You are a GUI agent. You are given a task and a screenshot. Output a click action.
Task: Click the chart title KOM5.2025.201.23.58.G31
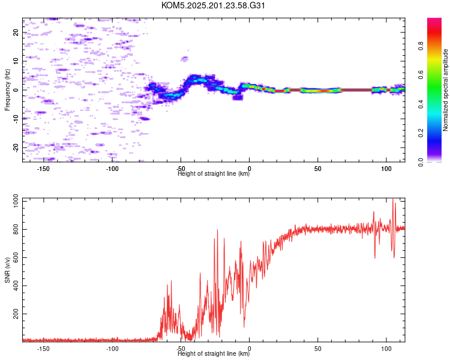(213, 5)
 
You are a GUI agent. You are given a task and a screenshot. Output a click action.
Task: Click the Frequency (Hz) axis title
(7, 90)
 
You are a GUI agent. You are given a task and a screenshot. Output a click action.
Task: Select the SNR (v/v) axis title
(7, 270)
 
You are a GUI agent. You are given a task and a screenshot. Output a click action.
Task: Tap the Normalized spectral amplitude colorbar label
(445, 90)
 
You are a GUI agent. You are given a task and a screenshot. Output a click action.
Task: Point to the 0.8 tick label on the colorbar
(421, 46)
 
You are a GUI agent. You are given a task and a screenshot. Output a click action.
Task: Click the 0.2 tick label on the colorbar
(421, 133)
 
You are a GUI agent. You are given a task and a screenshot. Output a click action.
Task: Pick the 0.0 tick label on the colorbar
(421, 162)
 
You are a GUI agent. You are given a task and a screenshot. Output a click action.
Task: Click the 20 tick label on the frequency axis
(16, 32)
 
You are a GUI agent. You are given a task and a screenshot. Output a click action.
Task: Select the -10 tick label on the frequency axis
(16, 119)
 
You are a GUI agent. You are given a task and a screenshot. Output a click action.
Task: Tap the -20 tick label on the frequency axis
(16, 148)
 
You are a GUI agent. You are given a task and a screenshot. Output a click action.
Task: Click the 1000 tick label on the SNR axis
(16, 200)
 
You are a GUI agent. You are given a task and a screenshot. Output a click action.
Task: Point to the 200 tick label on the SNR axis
(16, 314)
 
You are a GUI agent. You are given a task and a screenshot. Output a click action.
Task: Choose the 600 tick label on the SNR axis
(16, 257)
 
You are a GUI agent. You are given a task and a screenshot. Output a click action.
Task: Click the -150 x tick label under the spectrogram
(43, 169)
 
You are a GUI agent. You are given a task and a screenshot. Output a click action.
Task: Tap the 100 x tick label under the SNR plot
(386, 349)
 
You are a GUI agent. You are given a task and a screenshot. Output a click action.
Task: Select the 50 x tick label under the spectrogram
(317, 169)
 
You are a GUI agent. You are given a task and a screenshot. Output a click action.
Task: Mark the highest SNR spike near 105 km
(392, 199)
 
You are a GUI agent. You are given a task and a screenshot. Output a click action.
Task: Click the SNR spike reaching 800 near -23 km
(217, 230)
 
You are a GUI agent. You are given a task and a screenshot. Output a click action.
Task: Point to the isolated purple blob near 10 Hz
(185, 59)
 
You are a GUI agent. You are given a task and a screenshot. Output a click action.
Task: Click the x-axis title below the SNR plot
(214, 353)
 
